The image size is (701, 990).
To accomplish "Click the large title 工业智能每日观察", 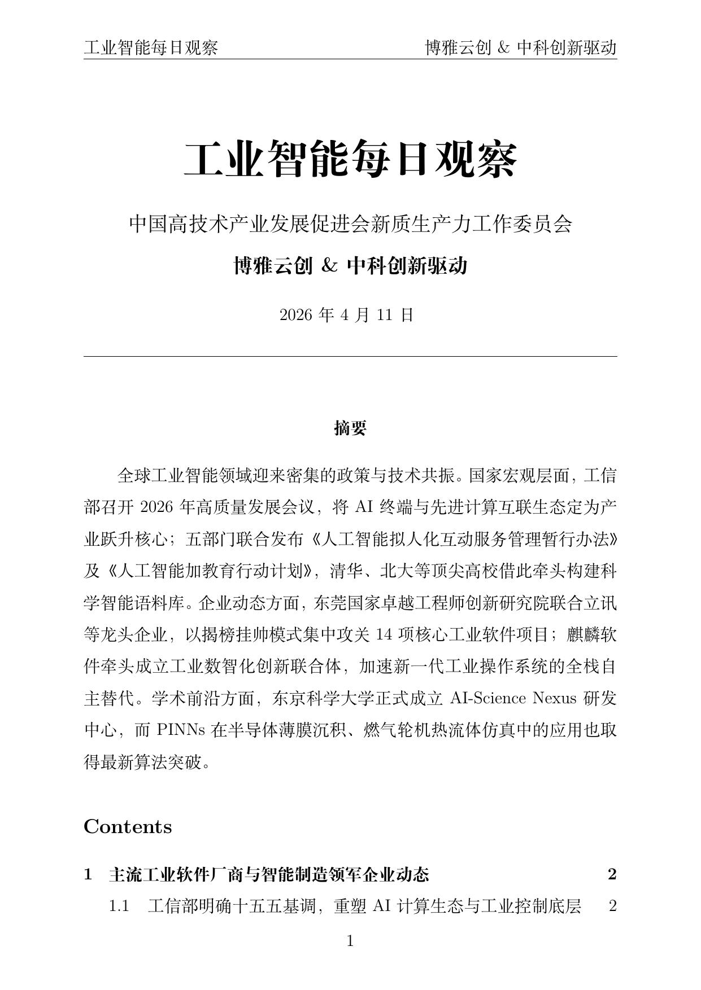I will click(x=350, y=160).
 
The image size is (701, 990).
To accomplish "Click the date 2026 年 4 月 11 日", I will click(x=347, y=315).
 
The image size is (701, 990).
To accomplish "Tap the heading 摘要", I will click(x=350, y=428).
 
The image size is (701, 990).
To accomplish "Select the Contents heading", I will click(x=128, y=827).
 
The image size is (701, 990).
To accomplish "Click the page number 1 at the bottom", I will click(x=350, y=941).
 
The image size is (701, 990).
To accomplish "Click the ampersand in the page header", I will click(x=503, y=48).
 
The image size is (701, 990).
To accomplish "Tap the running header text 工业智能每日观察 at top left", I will click(x=151, y=48).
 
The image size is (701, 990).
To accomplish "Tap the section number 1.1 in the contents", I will click(x=119, y=906).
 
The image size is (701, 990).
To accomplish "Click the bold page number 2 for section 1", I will click(x=612, y=875).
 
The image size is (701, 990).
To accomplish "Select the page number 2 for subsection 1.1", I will click(x=612, y=906).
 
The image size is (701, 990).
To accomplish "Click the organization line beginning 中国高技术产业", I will click(x=350, y=224).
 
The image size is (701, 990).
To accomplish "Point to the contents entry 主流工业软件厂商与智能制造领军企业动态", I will click(x=269, y=875).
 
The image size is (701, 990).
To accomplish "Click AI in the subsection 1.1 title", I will click(x=382, y=906).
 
